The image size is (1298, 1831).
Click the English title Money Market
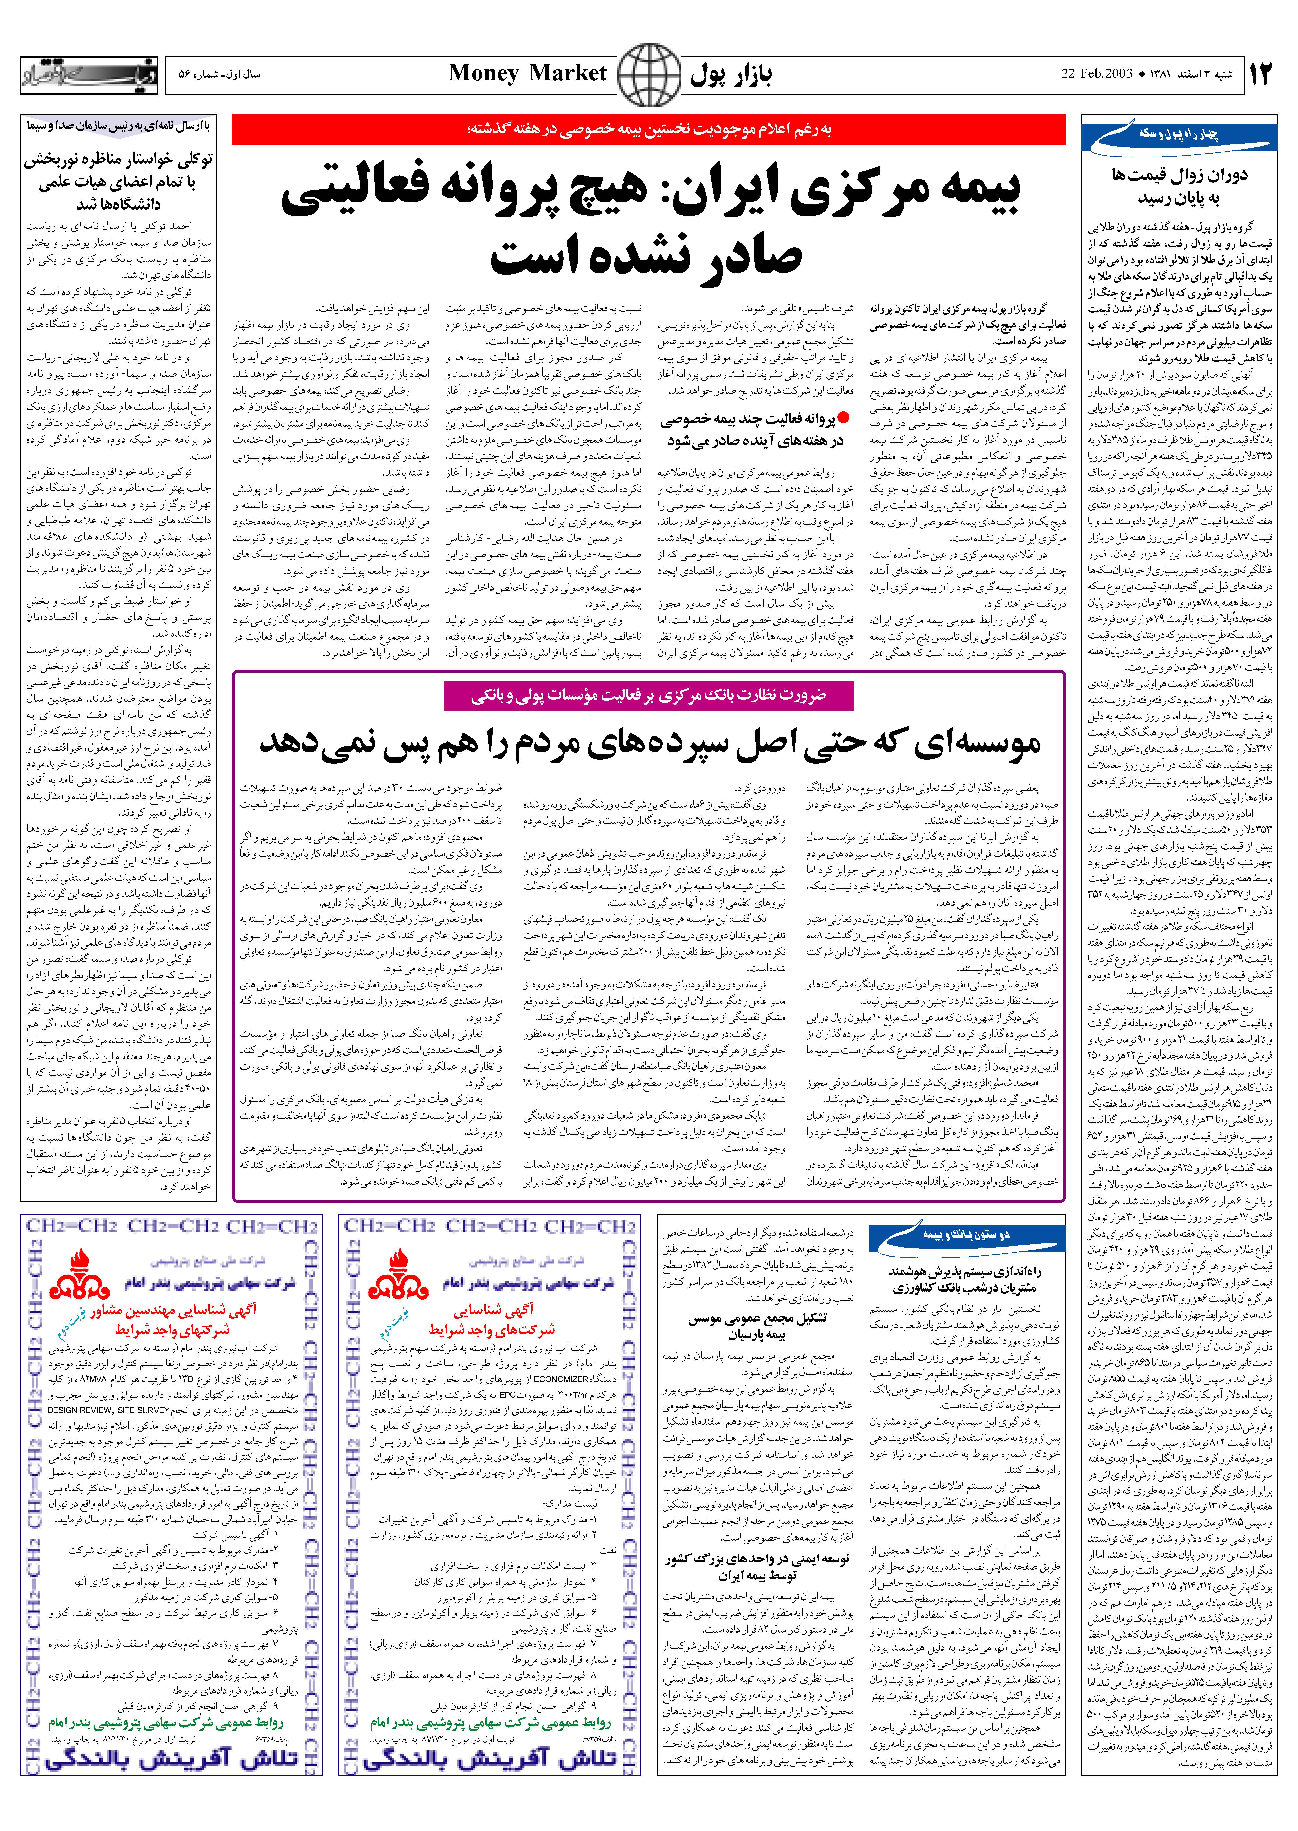528,73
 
